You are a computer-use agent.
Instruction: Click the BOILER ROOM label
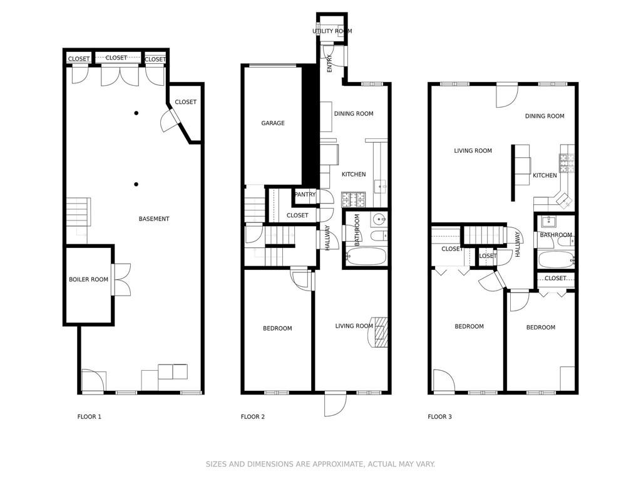(x=88, y=279)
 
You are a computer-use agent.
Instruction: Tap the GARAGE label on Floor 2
(x=273, y=123)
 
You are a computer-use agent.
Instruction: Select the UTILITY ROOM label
(x=332, y=31)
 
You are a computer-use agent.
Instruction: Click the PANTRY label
(x=305, y=195)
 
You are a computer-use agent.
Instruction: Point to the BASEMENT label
(x=154, y=219)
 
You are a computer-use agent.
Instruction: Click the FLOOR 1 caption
(x=89, y=417)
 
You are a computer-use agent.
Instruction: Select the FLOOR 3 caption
(x=439, y=417)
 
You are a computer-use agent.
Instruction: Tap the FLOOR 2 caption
(x=253, y=417)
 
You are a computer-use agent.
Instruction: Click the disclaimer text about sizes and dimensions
(x=320, y=464)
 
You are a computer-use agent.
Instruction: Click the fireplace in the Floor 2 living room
(x=380, y=332)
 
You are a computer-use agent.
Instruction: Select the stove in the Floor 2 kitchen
(x=354, y=200)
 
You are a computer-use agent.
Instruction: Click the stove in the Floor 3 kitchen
(x=567, y=163)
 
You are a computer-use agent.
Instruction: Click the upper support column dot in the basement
(x=136, y=113)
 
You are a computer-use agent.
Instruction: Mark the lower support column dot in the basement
(x=136, y=184)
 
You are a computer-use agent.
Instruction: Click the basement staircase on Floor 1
(x=79, y=212)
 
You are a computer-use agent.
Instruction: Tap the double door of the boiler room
(x=121, y=279)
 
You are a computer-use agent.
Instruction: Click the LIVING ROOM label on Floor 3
(x=473, y=151)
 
